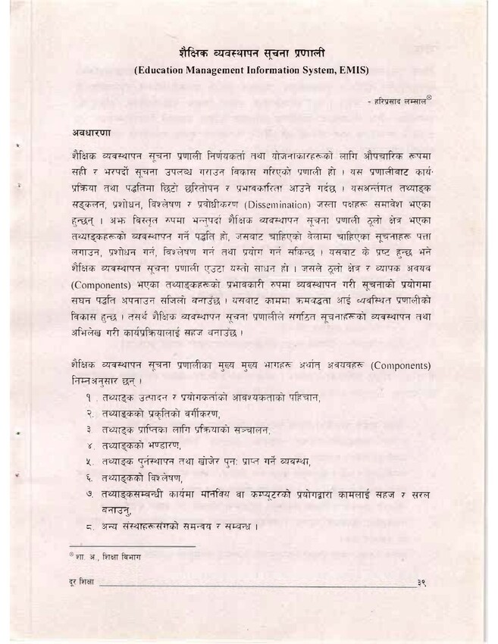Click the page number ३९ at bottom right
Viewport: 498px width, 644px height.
point(422,583)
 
